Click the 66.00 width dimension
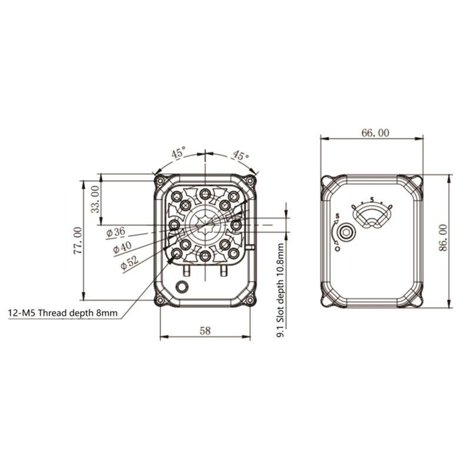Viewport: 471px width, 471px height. (x=374, y=133)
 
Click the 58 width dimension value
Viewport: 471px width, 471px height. (x=204, y=331)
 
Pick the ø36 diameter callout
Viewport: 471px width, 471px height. (x=116, y=232)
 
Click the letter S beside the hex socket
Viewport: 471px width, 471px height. (x=336, y=216)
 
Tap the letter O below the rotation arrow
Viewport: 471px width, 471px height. (x=337, y=249)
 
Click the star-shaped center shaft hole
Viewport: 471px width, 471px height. (x=204, y=224)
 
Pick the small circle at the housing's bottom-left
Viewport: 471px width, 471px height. (x=184, y=286)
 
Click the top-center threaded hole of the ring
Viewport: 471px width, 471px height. (x=204, y=194)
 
